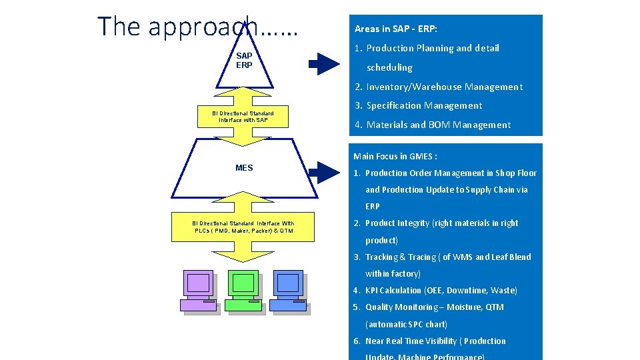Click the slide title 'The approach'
coord(198,27)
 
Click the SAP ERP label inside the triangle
coord(244,61)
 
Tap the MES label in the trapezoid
coord(244,168)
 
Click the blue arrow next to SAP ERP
coord(325,64)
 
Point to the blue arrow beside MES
coord(325,172)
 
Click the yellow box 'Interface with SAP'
coord(243,117)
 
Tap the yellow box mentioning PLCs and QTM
coord(243,227)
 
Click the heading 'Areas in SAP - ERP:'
coord(396,29)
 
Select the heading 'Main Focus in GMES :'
coord(395,156)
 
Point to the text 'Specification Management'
coord(424,105)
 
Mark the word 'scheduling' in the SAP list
coord(389,67)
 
